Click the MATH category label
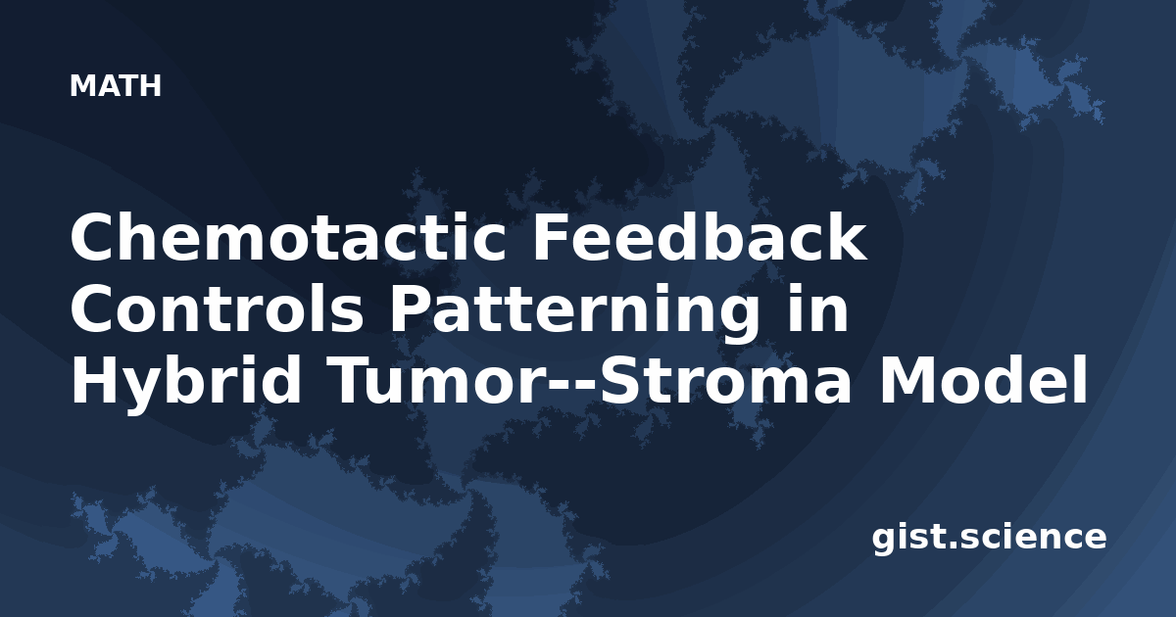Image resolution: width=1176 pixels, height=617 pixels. (116, 85)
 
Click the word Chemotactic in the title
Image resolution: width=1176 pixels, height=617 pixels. (288, 237)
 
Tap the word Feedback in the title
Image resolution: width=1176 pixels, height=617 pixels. (700, 236)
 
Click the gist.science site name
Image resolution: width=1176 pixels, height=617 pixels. (989, 539)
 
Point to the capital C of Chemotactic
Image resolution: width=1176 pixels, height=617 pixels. (93, 237)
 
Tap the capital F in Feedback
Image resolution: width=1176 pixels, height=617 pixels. (551, 236)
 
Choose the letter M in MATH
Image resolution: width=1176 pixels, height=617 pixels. (82, 86)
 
